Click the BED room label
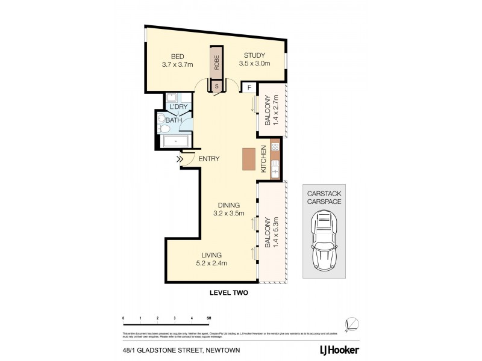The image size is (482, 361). (x=177, y=55)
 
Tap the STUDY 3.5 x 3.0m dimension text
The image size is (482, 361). (x=254, y=63)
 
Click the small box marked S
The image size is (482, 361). (x=216, y=87)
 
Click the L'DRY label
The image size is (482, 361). (x=178, y=107)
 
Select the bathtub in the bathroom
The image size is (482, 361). (x=175, y=142)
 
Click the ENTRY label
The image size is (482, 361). (x=208, y=159)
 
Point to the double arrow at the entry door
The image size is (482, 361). (x=180, y=159)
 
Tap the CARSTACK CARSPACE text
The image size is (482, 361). (x=324, y=198)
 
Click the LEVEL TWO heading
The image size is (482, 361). (x=228, y=294)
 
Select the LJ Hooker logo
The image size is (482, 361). (x=339, y=350)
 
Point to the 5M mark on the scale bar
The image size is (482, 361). (x=208, y=317)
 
